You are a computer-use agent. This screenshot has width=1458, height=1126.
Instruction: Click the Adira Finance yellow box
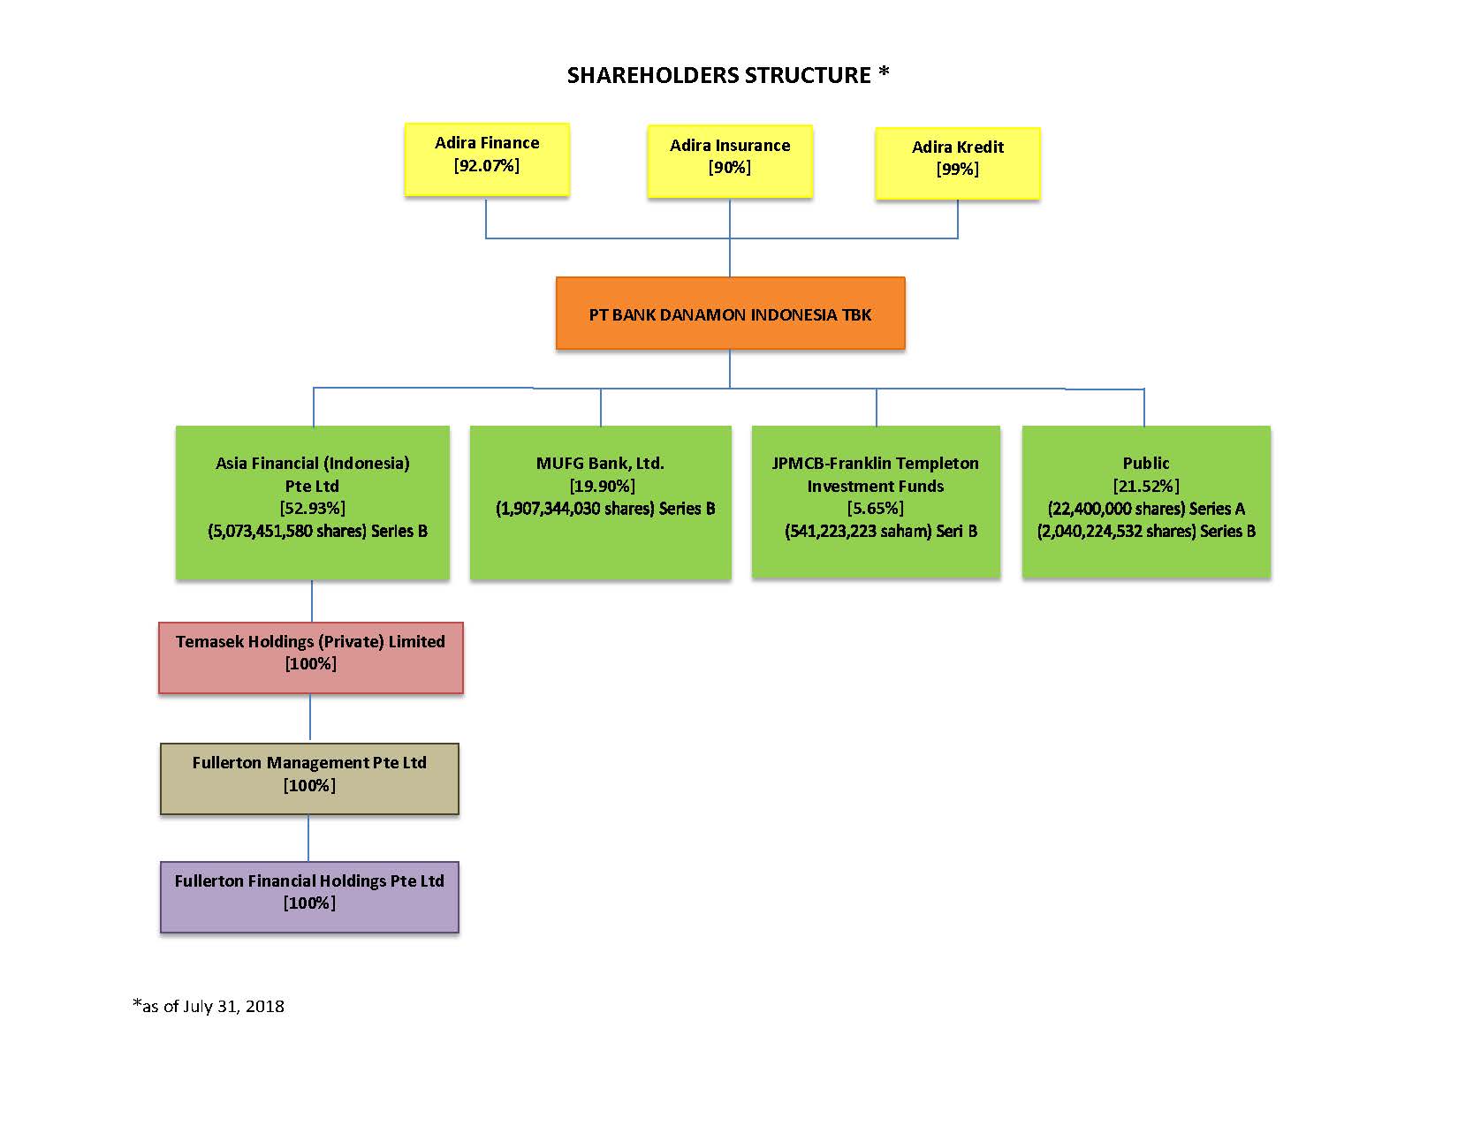[x=487, y=159]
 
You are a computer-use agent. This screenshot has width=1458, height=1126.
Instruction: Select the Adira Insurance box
[x=729, y=161]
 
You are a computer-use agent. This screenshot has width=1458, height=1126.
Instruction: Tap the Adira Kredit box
[x=958, y=163]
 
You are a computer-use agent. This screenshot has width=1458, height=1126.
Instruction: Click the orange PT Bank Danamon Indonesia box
[x=730, y=314]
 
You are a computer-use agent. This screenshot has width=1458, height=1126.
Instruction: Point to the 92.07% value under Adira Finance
[x=487, y=165]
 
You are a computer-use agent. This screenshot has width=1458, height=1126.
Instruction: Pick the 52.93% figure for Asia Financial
[x=312, y=508]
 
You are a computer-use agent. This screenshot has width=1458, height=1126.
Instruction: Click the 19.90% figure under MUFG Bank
[x=602, y=486]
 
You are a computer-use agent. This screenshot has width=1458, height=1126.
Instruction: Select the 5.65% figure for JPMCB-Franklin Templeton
[x=875, y=508]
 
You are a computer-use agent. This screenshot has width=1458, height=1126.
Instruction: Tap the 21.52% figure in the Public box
[x=1145, y=486]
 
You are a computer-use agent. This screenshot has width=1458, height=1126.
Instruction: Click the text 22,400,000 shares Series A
[x=1145, y=509]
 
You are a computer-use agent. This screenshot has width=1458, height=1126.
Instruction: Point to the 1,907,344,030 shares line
[x=604, y=509]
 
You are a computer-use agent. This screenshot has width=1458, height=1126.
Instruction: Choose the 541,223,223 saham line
[x=880, y=531]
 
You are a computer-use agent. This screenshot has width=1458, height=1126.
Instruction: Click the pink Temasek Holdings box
[x=311, y=657]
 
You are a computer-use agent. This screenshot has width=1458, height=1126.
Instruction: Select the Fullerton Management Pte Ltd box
[x=309, y=778]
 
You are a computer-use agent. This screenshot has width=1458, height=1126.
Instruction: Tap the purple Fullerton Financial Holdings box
[x=309, y=896]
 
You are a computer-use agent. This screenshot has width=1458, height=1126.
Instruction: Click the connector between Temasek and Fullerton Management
[x=310, y=718]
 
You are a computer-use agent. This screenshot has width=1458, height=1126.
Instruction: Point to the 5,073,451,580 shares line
[x=316, y=531]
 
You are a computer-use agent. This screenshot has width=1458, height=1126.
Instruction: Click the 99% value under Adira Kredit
[x=958, y=169]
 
